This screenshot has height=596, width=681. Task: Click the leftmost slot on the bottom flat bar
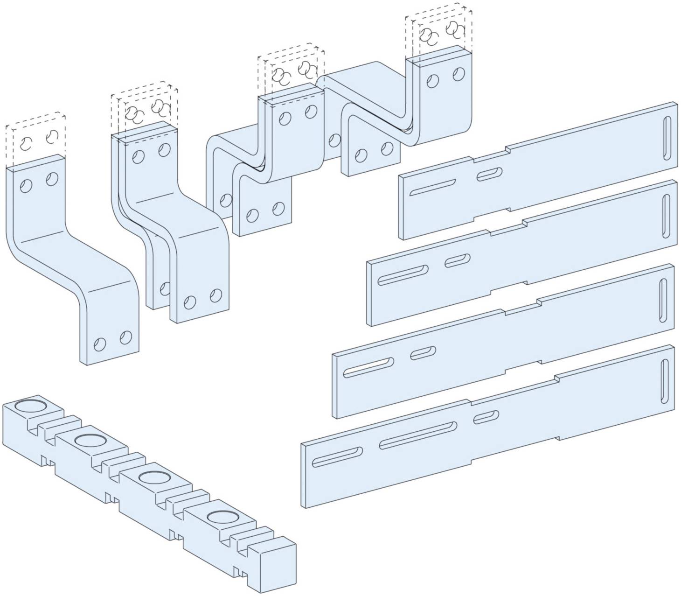click(337, 456)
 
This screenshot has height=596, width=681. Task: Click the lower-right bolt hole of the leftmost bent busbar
click(125, 337)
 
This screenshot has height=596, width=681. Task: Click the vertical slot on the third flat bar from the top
click(662, 300)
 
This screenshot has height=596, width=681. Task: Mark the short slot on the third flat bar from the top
click(423, 353)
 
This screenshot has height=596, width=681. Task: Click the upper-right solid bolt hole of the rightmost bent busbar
click(459, 74)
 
